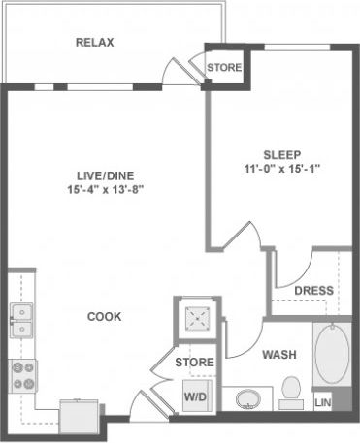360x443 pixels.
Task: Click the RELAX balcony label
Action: pyautogui.click(x=95, y=43)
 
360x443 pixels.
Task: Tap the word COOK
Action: pyautogui.click(x=105, y=316)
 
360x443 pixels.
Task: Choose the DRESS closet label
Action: pyautogui.click(x=313, y=290)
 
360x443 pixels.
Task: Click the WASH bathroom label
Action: pyautogui.click(x=279, y=355)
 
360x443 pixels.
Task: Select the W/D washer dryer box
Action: pyautogui.click(x=195, y=396)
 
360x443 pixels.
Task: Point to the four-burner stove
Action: pyautogui.click(x=20, y=373)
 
